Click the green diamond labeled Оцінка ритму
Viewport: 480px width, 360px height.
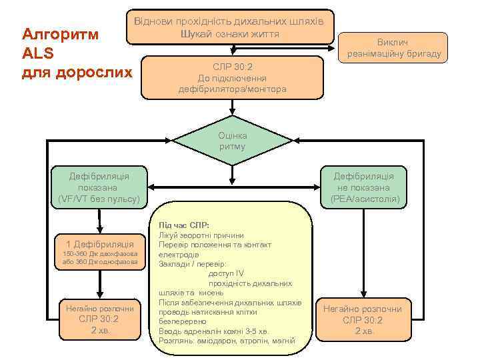point(232,141)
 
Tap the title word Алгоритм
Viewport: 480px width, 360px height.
point(61,34)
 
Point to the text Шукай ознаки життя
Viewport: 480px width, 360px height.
point(229,33)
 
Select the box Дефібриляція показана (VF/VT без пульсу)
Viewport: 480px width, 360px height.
point(99,187)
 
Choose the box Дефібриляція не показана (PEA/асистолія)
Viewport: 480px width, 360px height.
point(364,187)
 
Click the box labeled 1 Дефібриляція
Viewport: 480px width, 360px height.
point(99,244)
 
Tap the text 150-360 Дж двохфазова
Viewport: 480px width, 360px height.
point(99,254)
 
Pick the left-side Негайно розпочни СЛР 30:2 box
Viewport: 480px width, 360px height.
point(99,319)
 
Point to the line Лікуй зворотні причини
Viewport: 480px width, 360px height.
point(201,235)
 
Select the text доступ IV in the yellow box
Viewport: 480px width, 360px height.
point(226,273)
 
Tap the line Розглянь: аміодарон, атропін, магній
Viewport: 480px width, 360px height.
point(226,341)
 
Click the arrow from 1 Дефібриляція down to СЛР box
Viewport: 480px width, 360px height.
point(99,283)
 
